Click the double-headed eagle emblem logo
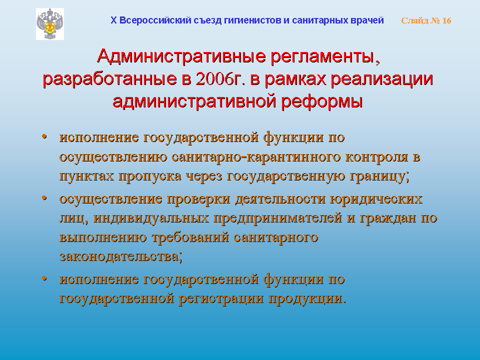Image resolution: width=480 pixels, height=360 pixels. tap(50, 24)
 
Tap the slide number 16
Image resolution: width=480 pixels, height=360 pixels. tap(446, 20)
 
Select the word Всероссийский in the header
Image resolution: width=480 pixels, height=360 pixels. tap(155, 20)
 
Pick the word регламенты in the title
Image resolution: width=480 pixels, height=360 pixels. tap(325, 57)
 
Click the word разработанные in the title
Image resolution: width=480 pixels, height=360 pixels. tap(109, 79)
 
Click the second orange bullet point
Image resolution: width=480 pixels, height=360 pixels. tap(44, 198)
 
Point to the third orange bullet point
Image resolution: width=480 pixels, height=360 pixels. tap(44, 278)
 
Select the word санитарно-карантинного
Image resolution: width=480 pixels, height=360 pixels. tap(256, 156)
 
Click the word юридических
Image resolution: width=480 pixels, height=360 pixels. tap(376, 199)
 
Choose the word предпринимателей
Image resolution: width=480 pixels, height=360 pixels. tap(277, 218)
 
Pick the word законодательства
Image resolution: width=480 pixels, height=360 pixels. tap(120, 256)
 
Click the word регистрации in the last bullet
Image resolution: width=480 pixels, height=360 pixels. tap(221, 299)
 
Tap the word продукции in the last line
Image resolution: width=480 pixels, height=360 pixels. tap(307, 299)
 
